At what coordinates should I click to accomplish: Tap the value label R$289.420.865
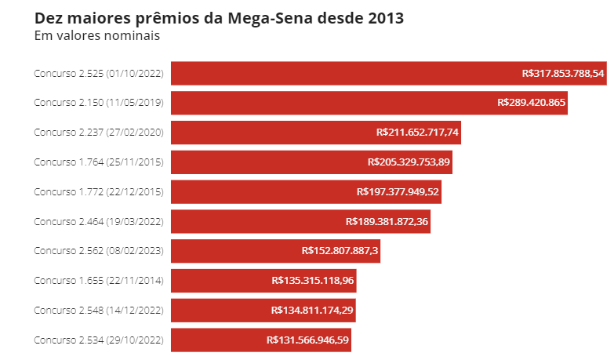[532, 103]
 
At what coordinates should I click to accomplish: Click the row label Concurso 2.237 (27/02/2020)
[99, 133]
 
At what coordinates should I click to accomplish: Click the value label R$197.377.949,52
[398, 191]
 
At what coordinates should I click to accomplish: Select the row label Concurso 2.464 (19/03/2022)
[99, 221]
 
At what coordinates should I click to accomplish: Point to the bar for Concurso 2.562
[235, 251]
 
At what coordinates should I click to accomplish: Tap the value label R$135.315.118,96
[313, 281]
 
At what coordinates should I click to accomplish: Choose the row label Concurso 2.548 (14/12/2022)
[99, 311]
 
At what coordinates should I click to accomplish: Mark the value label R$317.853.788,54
[563, 73]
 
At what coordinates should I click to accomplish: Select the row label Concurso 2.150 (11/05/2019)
[99, 103]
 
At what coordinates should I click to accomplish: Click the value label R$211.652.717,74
[417, 133]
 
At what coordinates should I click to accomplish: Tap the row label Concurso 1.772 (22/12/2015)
[99, 191]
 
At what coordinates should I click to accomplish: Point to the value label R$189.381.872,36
[387, 221]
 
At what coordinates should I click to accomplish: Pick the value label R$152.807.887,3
[340, 251]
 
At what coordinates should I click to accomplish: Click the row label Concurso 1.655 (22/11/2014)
[99, 281]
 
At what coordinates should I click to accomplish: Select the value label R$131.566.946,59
[308, 340]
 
